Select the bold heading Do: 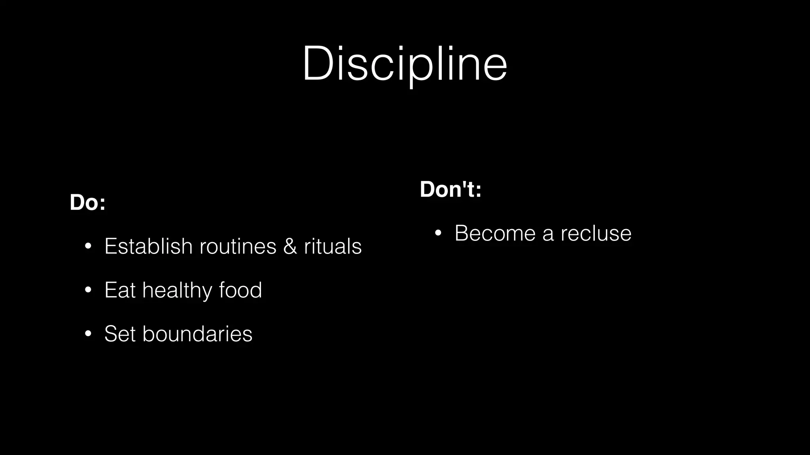tap(87, 202)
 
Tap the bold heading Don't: tap(450, 189)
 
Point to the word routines tap(238, 246)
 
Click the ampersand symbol tap(290, 246)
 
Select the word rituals tap(333, 246)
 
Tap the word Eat tap(120, 290)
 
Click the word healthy tap(177, 291)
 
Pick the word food tap(240, 290)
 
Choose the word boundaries tap(197, 334)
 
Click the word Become tap(495, 233)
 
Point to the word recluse tap(596, 233)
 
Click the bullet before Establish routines tap(88, 247)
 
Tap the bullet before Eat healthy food tap(88, 291)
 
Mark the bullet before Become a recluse tap(438, 233)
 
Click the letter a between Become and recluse tap(548, 234)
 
